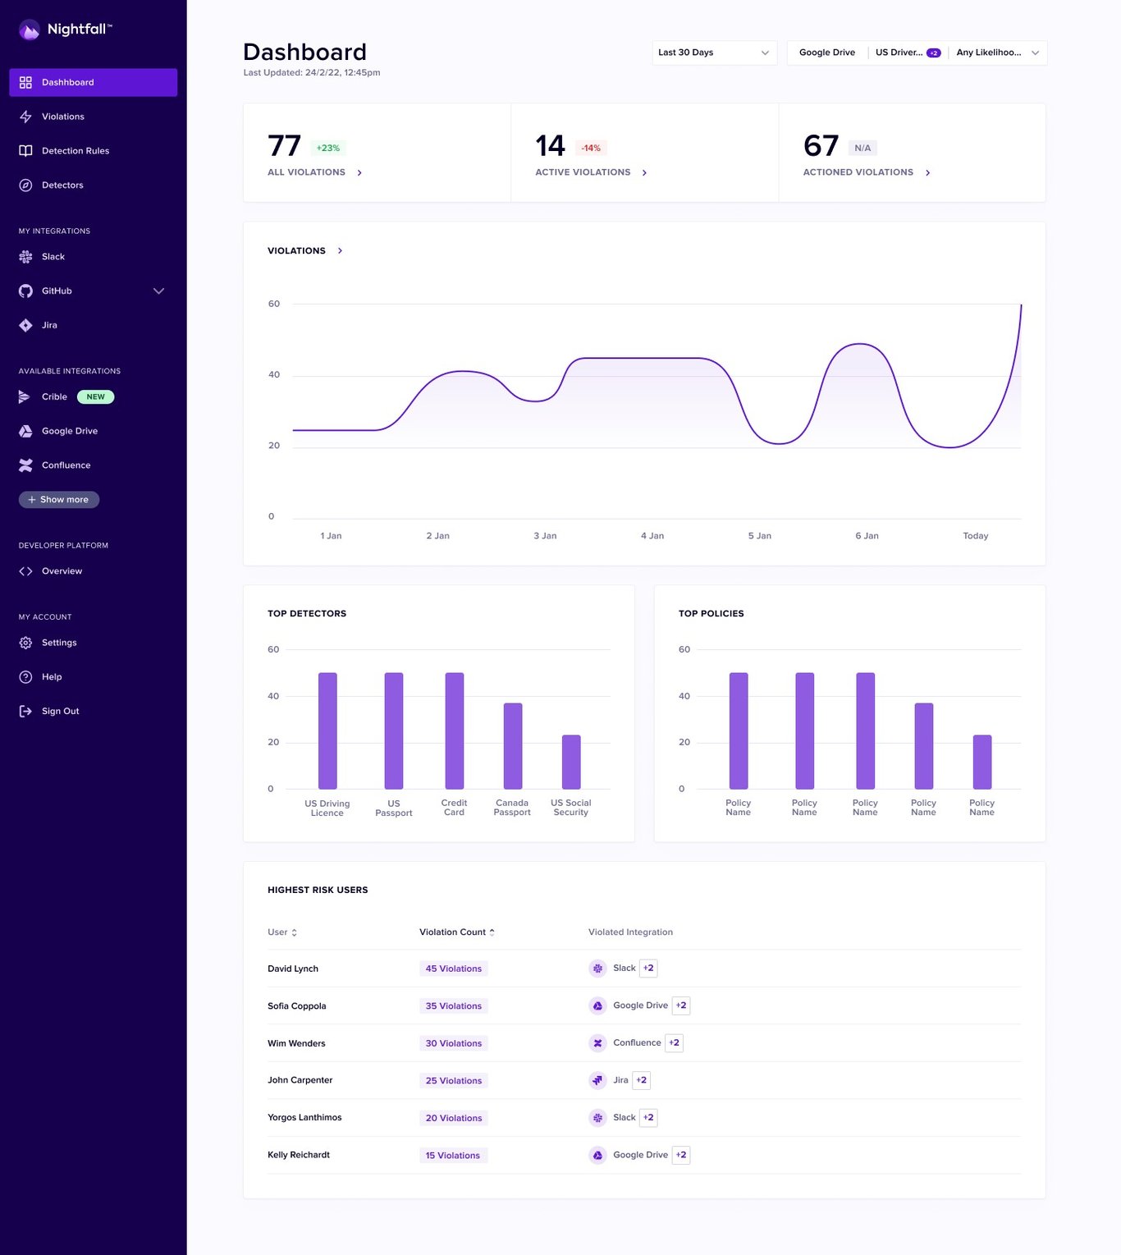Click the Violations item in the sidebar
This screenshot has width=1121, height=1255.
click(x=62, y=117)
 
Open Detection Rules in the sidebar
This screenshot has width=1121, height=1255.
click(x=75, y=151)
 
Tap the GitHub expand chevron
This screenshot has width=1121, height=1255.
click(x=158, y=291)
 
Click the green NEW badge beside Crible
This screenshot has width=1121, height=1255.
click(x=95, y=397)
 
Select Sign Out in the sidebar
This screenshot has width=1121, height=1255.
click(x=60, y=712)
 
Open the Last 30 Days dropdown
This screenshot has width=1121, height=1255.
click(x=713, y=53)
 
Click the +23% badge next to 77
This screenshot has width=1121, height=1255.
click(x=327, y=149)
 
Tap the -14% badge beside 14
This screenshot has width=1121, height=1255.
click(x=591, y=149)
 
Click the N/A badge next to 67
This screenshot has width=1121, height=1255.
click(x=862, y=149)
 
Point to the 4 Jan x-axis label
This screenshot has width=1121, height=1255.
click(x=652, y=536)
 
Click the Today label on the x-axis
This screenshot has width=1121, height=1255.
click(x=975, y=536)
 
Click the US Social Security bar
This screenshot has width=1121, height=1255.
click(x=570, y=762)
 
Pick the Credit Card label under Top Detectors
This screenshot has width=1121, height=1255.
click(x=454, y=808)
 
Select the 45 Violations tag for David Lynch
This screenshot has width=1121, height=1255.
click(x=453, y=969)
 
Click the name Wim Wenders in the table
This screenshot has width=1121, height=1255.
click(x=296, y=1044)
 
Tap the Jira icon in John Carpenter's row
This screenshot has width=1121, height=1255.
click(x=597, y=1080)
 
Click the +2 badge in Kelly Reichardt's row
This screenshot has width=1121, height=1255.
click(x=680, y=1155)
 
